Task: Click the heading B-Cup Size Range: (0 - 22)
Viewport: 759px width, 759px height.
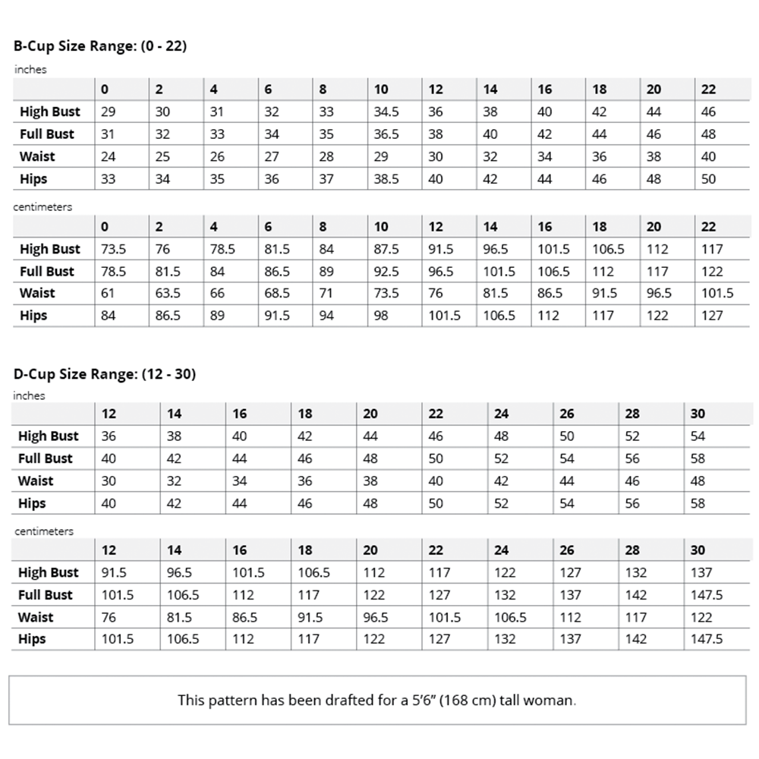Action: tap(100, 46)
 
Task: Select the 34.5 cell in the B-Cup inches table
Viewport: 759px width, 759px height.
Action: tap(386, 112)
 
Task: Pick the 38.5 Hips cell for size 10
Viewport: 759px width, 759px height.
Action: tap(386, 179)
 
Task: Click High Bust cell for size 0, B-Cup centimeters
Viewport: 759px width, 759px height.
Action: tap(113, 249)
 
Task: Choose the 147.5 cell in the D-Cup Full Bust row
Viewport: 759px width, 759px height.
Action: tap(707, 595)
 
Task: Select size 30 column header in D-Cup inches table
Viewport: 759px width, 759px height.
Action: tap(698, 414)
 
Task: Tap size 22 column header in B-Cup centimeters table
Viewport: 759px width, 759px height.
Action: tap(708, 226)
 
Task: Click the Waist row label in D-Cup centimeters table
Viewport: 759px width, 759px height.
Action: tap(36, 617)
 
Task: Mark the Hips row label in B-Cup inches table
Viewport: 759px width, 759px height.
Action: tap(33, 179)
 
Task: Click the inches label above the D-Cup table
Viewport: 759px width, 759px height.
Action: tap(30, 395)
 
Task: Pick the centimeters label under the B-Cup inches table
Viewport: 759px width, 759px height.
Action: tap(43, 206)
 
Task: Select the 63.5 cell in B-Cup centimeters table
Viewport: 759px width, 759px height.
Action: tap(168, 294)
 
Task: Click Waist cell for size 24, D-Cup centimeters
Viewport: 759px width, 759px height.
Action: tap(510, 617)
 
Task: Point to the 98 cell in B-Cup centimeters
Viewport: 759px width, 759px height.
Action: tap(381, 316)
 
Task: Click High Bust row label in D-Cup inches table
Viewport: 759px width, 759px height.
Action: tap(48, 436)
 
